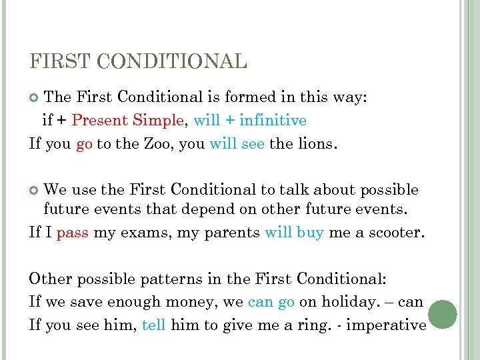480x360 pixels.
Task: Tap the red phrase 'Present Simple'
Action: tap(127, 121)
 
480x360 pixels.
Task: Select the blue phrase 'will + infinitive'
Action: tap(250, 121)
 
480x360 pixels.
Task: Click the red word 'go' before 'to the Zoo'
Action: tap(84, 143)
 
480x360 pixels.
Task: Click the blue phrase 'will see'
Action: tap(237, 143)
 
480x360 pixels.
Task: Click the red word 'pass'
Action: tap(73, 233)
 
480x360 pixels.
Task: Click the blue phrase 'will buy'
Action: tap(294, 233)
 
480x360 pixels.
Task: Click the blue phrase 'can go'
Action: tap(271, 302)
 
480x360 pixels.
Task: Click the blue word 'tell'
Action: tap(154, 325)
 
